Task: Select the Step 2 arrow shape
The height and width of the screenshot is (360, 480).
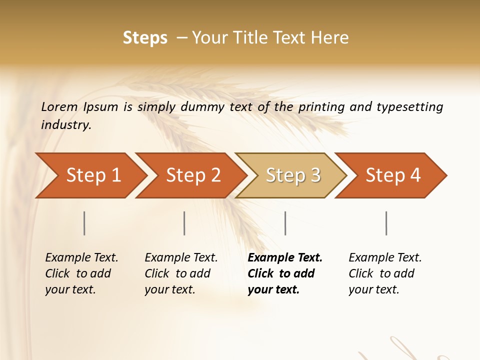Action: [193, 175]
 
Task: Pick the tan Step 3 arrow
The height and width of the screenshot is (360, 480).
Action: [293, 175]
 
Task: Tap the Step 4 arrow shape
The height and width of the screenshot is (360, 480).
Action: [393, 175]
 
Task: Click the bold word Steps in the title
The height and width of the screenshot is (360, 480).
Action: [145, 38]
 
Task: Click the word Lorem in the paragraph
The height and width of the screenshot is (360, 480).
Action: [59, 107]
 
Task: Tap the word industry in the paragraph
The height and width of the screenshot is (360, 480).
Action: [66, 125]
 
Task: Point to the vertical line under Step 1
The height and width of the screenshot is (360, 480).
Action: [84, 223]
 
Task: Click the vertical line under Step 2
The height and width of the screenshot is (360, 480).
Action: [184, 223]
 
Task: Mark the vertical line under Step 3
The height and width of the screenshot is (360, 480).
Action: [285, 223]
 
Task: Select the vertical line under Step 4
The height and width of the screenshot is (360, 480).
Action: [386, 223]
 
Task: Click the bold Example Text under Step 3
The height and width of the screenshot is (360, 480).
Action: [285, 258]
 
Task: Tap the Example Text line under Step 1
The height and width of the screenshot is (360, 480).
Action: [81, 258]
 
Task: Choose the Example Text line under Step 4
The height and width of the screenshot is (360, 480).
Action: [385, 258]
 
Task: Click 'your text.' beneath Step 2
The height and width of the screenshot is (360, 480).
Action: [169, 289]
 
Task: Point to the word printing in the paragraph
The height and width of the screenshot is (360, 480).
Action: [321, 107]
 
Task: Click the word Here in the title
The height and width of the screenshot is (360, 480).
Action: [329, 38]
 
